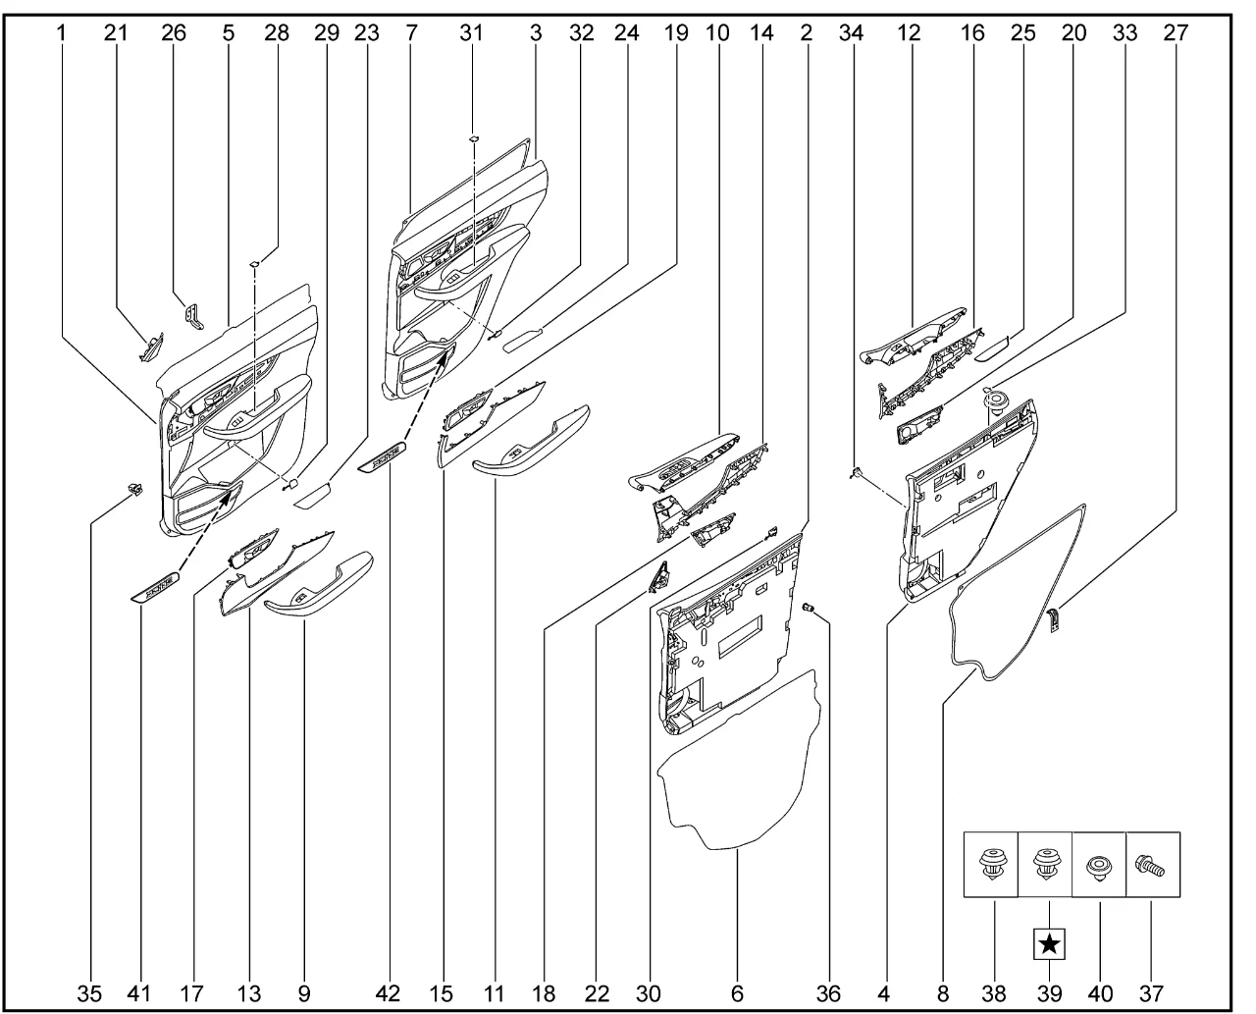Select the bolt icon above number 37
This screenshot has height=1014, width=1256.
pos(1150,867)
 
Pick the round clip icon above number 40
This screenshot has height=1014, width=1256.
pos(1099,868)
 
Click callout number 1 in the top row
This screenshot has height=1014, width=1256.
pos(61,33)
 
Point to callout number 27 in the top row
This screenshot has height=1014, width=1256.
pos(1176,33)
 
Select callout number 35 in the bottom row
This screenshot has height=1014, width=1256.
pos(89,993)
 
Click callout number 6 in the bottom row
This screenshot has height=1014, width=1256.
pos(737,993)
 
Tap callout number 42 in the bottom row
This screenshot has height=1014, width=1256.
pos(388,993)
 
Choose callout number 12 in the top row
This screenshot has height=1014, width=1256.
pos(909,33)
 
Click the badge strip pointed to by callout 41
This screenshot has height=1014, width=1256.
pos(154,587)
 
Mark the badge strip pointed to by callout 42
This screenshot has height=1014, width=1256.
pos(382,456)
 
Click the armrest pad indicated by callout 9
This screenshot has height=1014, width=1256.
pos(319,584)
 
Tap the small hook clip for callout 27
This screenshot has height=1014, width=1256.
pos(1053,621)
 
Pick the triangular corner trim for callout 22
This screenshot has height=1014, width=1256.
pos(658,577)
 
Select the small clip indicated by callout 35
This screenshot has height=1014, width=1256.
pos(135,489)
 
